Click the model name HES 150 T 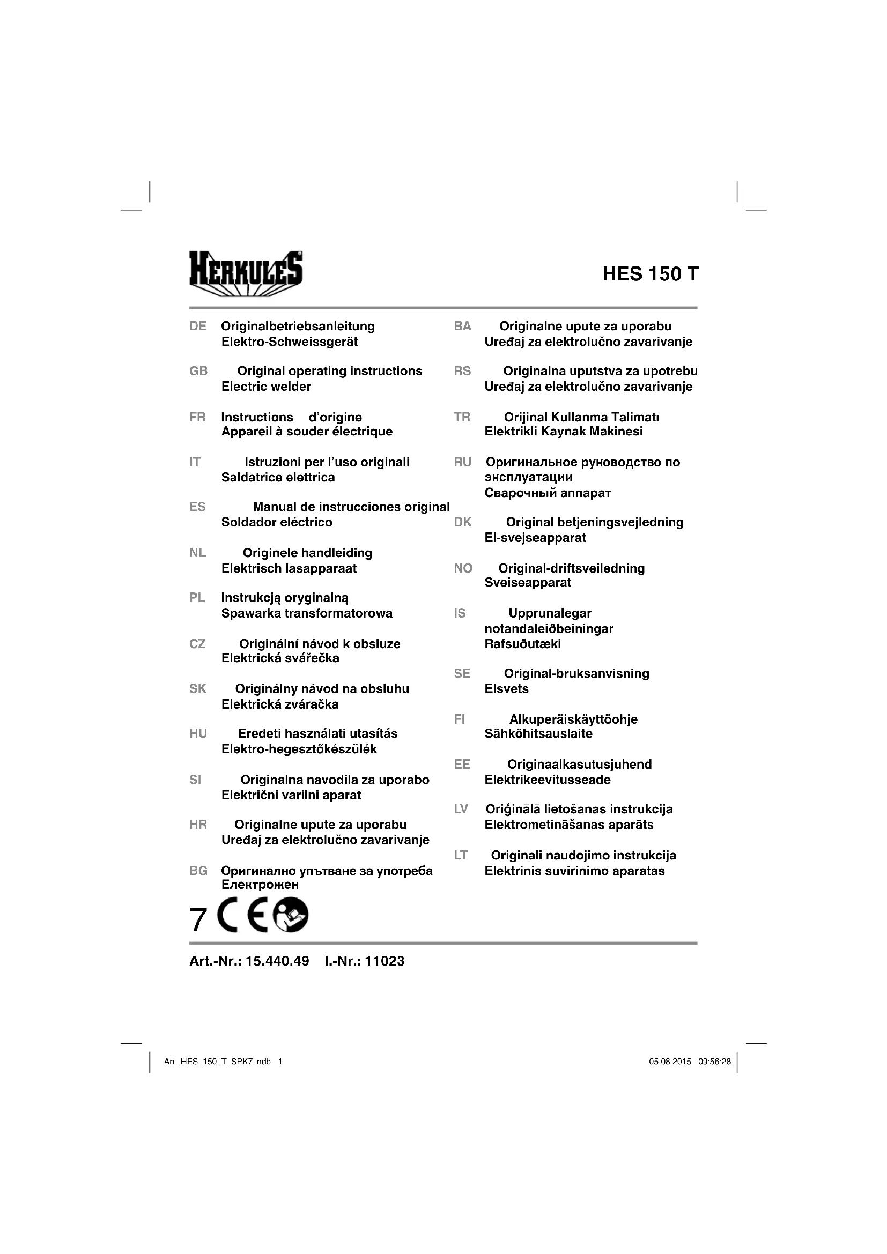650,274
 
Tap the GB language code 198,372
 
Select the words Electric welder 266,387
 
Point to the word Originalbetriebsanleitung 298,327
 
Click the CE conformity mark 242,915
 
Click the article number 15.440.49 277,961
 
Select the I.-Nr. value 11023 385,961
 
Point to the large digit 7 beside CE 198,919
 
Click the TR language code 462,418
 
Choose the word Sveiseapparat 528,583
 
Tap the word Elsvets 506,689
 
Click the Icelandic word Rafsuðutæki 523,644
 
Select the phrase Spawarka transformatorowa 306,613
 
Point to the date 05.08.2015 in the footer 670,1062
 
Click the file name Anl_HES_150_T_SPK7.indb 217,1062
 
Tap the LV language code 461,810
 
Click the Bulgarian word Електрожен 260,884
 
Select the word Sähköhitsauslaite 538,734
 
